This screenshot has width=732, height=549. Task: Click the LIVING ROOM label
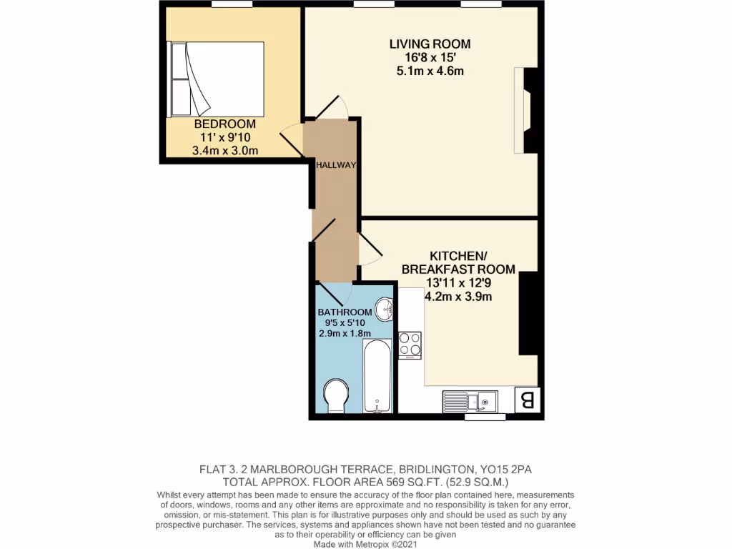click(430, 44)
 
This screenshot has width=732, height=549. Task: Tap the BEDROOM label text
click(224, 124)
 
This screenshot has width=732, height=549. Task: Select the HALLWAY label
click(336, 165)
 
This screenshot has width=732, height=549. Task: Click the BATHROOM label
click(345, 312)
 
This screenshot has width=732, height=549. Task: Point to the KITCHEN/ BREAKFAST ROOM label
click(458, 262)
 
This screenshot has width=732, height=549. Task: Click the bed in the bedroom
click(217, 79)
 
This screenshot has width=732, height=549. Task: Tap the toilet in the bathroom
click(335, 396)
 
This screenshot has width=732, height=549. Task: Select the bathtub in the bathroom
click(377, 376)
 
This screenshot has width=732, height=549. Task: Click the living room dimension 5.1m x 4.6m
click(430, 71)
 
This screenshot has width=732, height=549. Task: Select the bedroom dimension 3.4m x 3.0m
click(224, 150)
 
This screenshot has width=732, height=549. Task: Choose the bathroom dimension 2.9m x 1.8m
click(345, 334)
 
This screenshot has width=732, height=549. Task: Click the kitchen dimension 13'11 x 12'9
click(458, 282)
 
